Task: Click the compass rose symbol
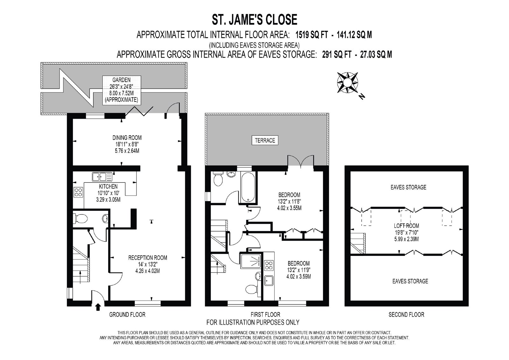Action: coord(347,82)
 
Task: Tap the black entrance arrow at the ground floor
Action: coord(98,307)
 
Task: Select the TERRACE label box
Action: coord(265,140)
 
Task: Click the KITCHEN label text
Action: coord(108,187)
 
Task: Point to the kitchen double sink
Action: coord(102,177)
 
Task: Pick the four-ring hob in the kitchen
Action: coord(78,192)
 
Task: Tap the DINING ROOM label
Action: coord(127,138)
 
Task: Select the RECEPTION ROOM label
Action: coord(148,258)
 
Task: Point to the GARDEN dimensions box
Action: coord(122,90)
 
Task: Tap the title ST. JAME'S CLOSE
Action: coord(254,19)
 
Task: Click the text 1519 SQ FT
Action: coord(312,35)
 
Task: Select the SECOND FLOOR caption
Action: coord(406,315)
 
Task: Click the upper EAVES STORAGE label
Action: coord(408,187)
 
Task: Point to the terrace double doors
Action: coord(301,161)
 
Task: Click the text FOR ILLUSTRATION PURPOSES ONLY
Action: coord(253,322)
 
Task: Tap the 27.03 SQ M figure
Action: coord(376,54)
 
